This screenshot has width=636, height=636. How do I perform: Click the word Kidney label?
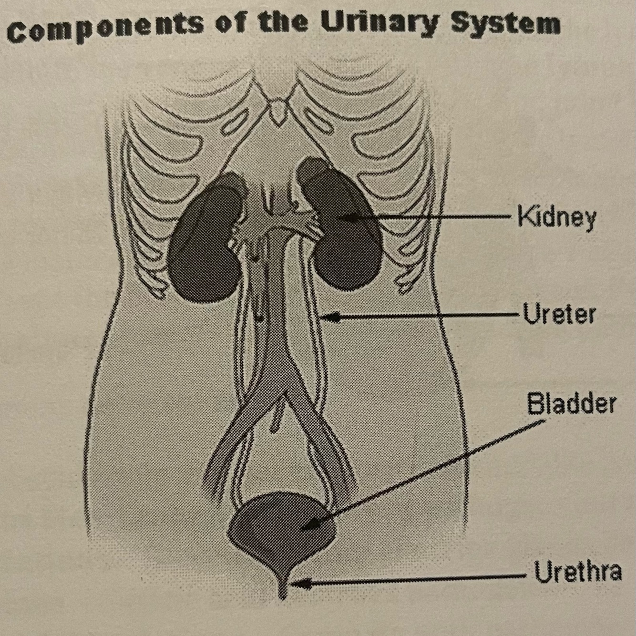[556, 218]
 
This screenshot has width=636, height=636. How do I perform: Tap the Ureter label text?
[559, 315]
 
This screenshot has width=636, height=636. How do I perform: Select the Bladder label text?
[571, 404]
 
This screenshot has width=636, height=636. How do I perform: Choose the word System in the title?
[505, 23]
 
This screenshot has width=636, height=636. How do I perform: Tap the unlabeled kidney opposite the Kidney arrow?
[205, 243]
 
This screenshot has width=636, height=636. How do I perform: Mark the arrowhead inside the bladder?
[305, 527]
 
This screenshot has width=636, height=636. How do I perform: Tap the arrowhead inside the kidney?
[339, 217]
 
